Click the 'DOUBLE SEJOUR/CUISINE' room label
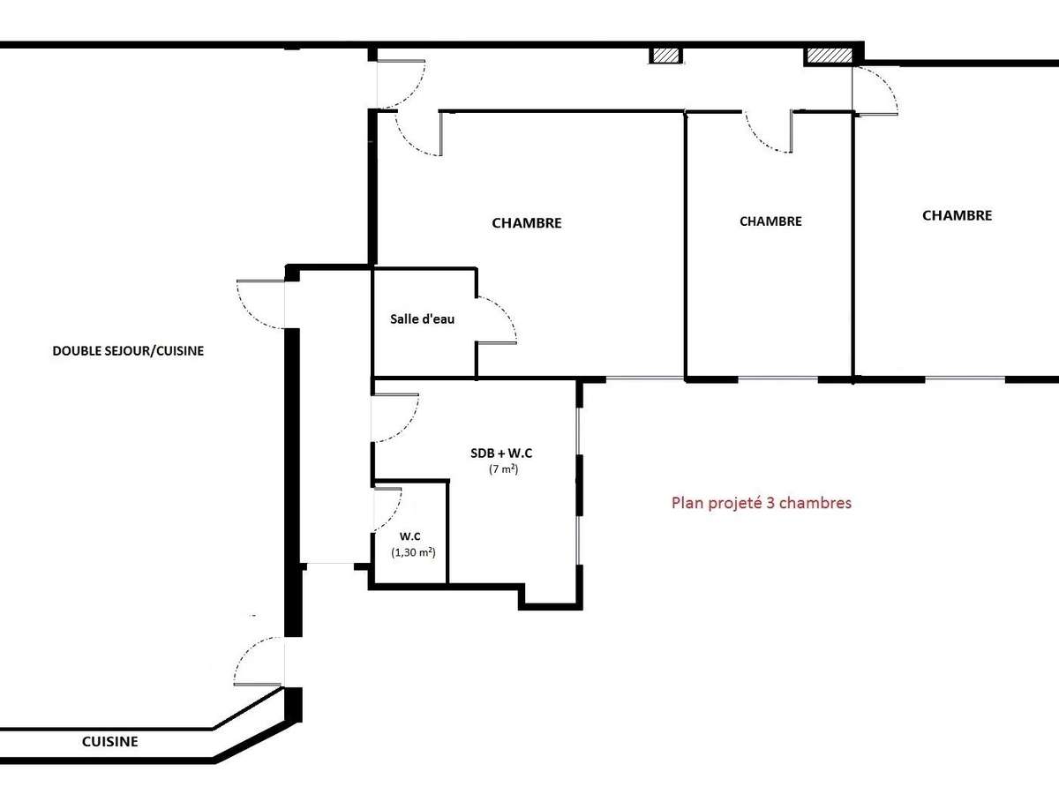[x=128, y=351]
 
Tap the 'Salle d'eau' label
[x=423, y=319]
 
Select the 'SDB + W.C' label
[x=501, y=453]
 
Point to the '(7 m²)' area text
[x=503, y=470]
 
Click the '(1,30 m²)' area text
[x=414, y=552]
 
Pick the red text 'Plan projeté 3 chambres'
[x=761, y=504]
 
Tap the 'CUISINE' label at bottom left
[x=109, y=742]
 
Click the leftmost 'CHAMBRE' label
[x=526, y=223]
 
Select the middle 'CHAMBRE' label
[x=770, y=221]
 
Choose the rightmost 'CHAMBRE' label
[x=957, y=215]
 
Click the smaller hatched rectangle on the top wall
[x=666, y=56]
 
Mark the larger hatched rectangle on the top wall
[x=829, y=56]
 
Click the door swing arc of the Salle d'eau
[x=503, y=318]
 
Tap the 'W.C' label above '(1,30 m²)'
[x=409, y=536]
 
